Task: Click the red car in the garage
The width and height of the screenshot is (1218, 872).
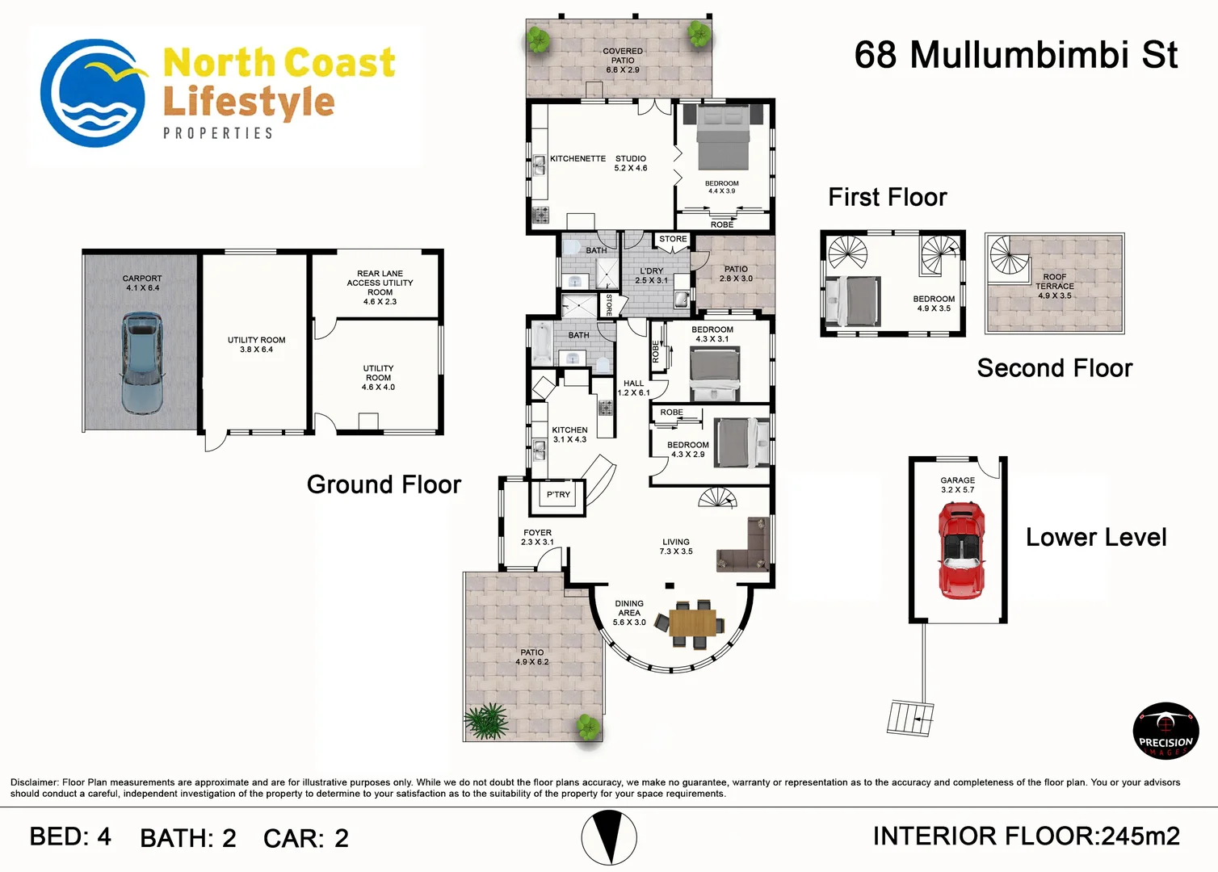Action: tap(960, 549)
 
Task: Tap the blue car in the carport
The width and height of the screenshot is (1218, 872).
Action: tap(142, 363)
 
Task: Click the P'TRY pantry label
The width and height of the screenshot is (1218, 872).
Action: tap(558, 495)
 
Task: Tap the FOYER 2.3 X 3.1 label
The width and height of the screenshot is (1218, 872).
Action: tap(537, 538)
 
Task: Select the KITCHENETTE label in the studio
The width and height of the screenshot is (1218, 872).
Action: tap(577, 159)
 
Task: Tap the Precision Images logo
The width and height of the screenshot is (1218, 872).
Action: tap(1165, 731)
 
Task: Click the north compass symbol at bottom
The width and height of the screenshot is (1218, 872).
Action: tap(609, 838)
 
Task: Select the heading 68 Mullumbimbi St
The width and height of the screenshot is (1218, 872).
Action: tap(1015, 56)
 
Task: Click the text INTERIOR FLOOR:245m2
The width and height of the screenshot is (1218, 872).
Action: tap(1026, 836)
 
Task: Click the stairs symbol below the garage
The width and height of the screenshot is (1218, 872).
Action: tap(910, 716)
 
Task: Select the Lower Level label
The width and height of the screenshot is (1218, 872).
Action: tap(1096, 538)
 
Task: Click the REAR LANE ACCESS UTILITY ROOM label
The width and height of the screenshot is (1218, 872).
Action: tap(380, 287)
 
